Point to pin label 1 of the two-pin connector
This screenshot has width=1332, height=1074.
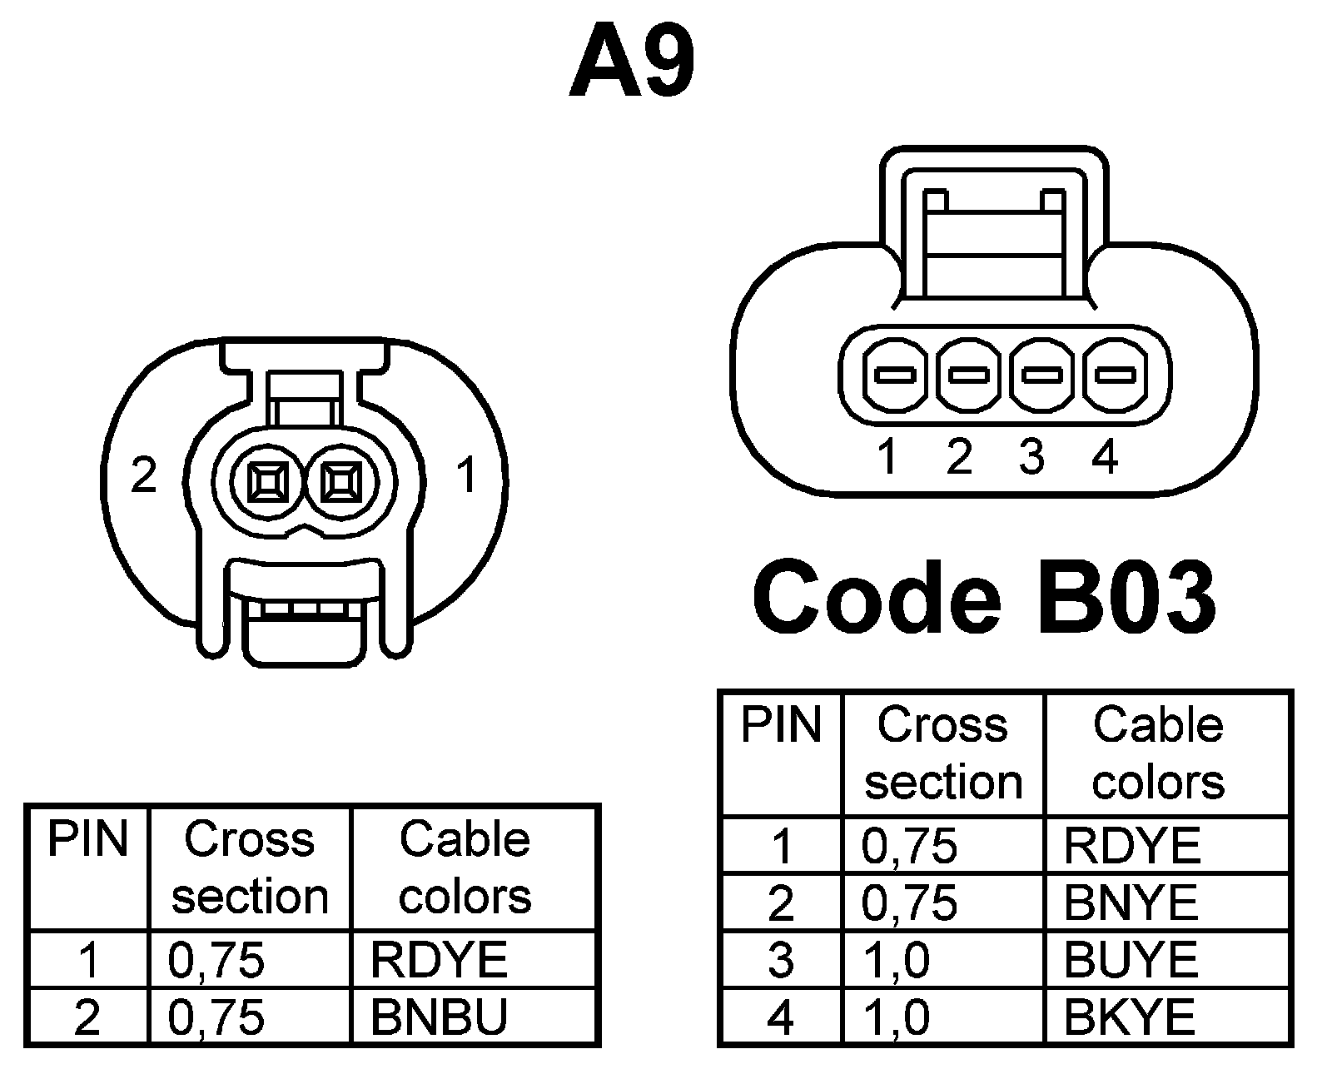(467, 475)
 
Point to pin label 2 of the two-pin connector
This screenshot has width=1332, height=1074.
(144, 475)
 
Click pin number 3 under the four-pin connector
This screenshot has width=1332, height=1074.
(1031, 457)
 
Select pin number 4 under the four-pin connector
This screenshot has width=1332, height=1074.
(1104, 457)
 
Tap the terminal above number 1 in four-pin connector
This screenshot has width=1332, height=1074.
(897, 375)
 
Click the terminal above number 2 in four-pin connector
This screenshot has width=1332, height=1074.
(969, 375)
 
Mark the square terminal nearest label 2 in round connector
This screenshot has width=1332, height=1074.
(268, 481)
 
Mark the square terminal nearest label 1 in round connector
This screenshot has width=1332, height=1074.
(340, 481)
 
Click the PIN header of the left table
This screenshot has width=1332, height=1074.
(87, 839)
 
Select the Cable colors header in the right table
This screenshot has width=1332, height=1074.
(1158, 753)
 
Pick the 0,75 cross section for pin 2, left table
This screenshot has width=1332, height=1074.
(216, 1017)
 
